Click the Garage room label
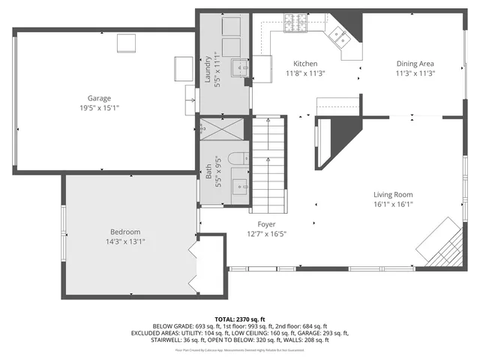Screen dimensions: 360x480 coord(99,98)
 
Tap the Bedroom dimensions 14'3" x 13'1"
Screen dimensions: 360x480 coord(125,241)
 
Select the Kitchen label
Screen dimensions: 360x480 coord(305,64)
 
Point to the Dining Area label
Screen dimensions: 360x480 coord(415,64)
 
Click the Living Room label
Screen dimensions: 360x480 coord(394,194)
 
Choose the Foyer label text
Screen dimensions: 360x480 coord(266,224)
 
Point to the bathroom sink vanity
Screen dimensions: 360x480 coord(239,182)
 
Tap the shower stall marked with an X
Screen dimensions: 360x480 coord(223,130)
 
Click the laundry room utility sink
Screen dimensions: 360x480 coord(241,67)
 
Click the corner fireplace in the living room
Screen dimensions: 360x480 coord(442,242)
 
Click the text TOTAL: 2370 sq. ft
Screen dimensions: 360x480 coord(240,319)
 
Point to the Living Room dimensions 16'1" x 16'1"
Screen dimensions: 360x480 coord(394,203)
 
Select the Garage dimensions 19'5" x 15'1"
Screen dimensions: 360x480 coord(99,108)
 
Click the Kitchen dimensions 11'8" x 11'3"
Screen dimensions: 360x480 coord(305,73)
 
